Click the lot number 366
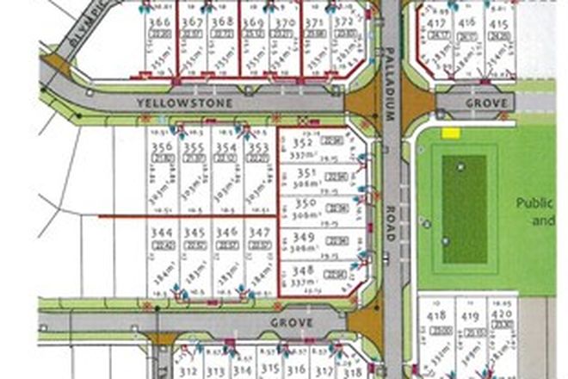click(x=157, y=22)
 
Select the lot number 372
click(x=344, y=22)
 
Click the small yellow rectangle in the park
click(x=450, y=134)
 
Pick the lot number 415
click(x=497, y=25)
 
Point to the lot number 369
click(x=253, y=22)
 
